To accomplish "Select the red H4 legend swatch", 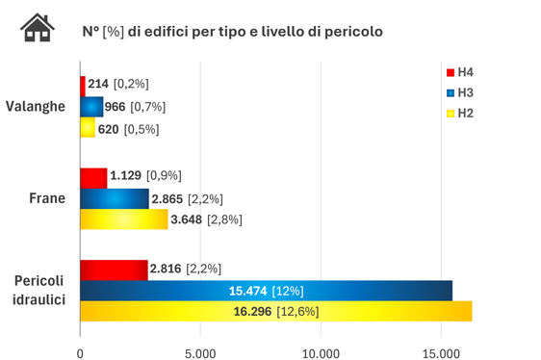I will coord(449,72).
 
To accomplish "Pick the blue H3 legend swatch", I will coord(449,92).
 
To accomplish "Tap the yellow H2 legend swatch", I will coord(449,113).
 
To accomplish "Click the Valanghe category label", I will coord(36,106).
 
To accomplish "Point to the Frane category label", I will coord(47,199).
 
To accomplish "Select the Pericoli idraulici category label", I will coord(39,290).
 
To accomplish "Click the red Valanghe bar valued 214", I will coord(83,85).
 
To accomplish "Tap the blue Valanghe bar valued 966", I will coord(91,106).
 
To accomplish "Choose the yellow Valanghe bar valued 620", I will coord(88,128).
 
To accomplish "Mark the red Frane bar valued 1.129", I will coord(93,177).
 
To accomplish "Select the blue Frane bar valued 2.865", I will coord(114,198).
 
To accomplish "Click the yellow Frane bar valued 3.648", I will coord(123,219).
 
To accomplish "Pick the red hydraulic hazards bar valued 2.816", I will coord(114,269).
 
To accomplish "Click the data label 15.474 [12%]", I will coord(267,290).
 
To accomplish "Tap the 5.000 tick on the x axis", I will coord(200,351).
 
